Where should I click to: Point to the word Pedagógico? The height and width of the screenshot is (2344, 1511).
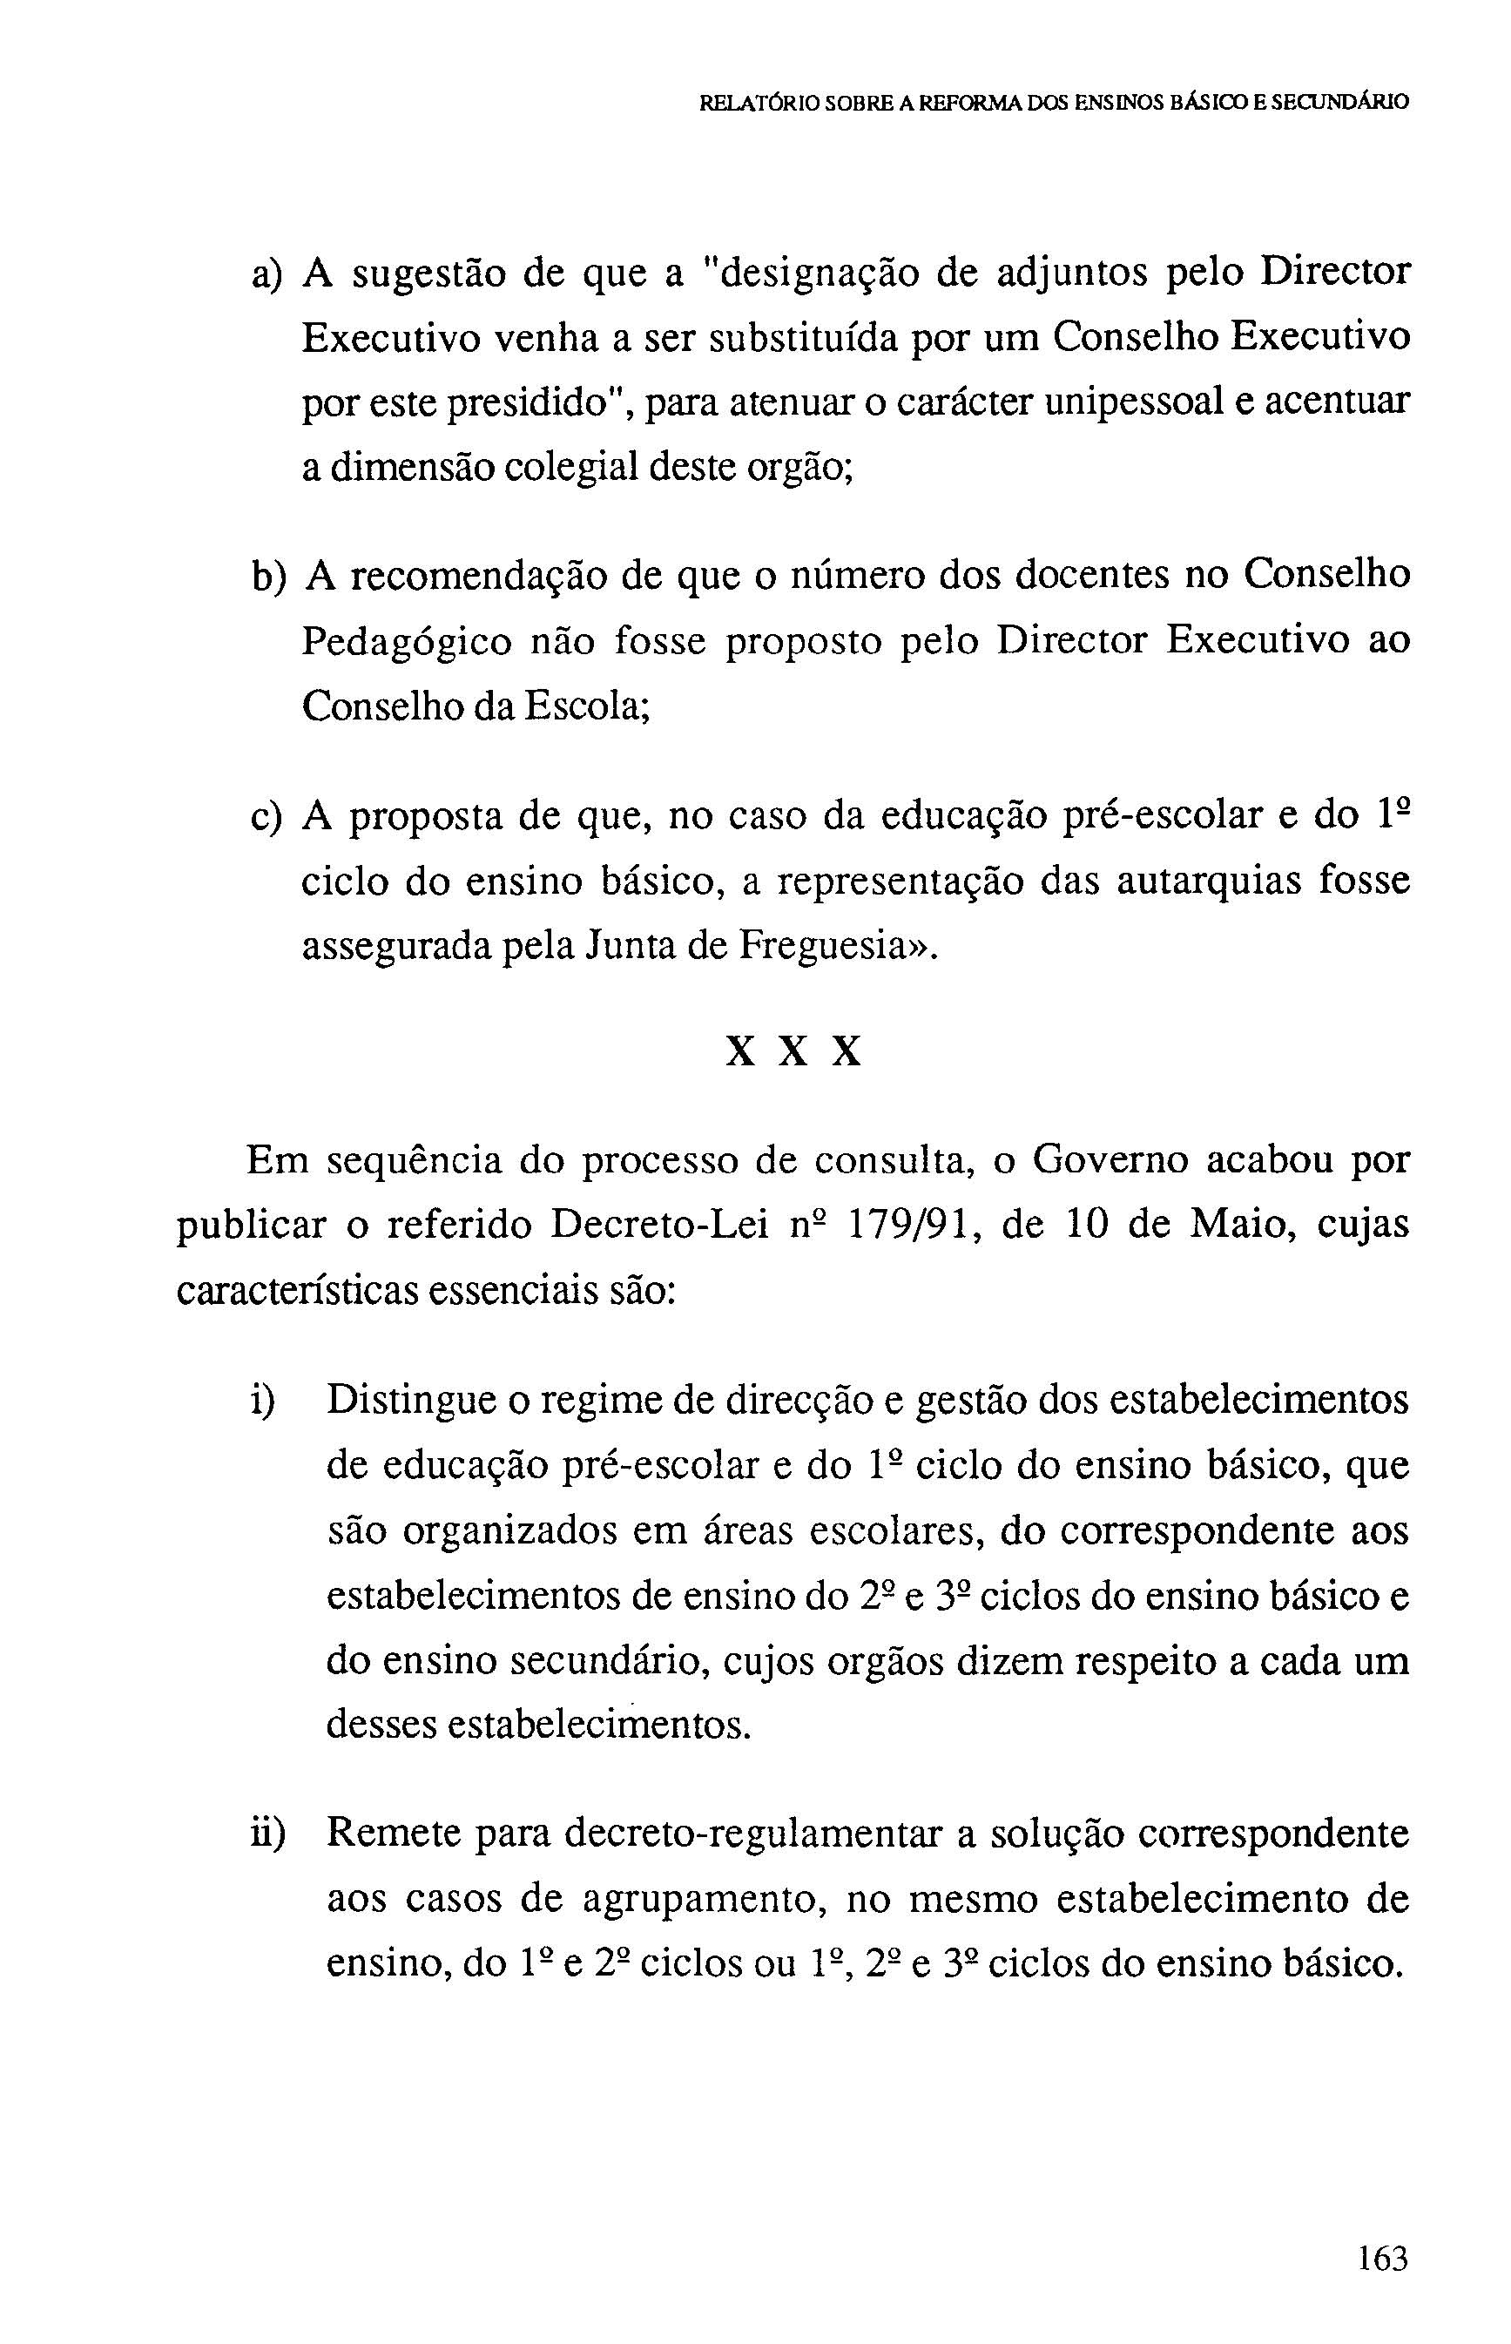(406, 642)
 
